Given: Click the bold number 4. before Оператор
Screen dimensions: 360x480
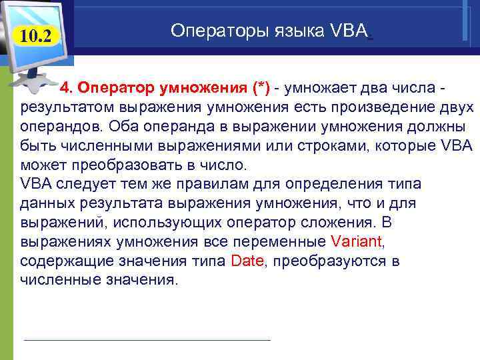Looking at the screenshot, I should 68,90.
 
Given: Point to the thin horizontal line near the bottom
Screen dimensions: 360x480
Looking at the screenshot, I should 147,340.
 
